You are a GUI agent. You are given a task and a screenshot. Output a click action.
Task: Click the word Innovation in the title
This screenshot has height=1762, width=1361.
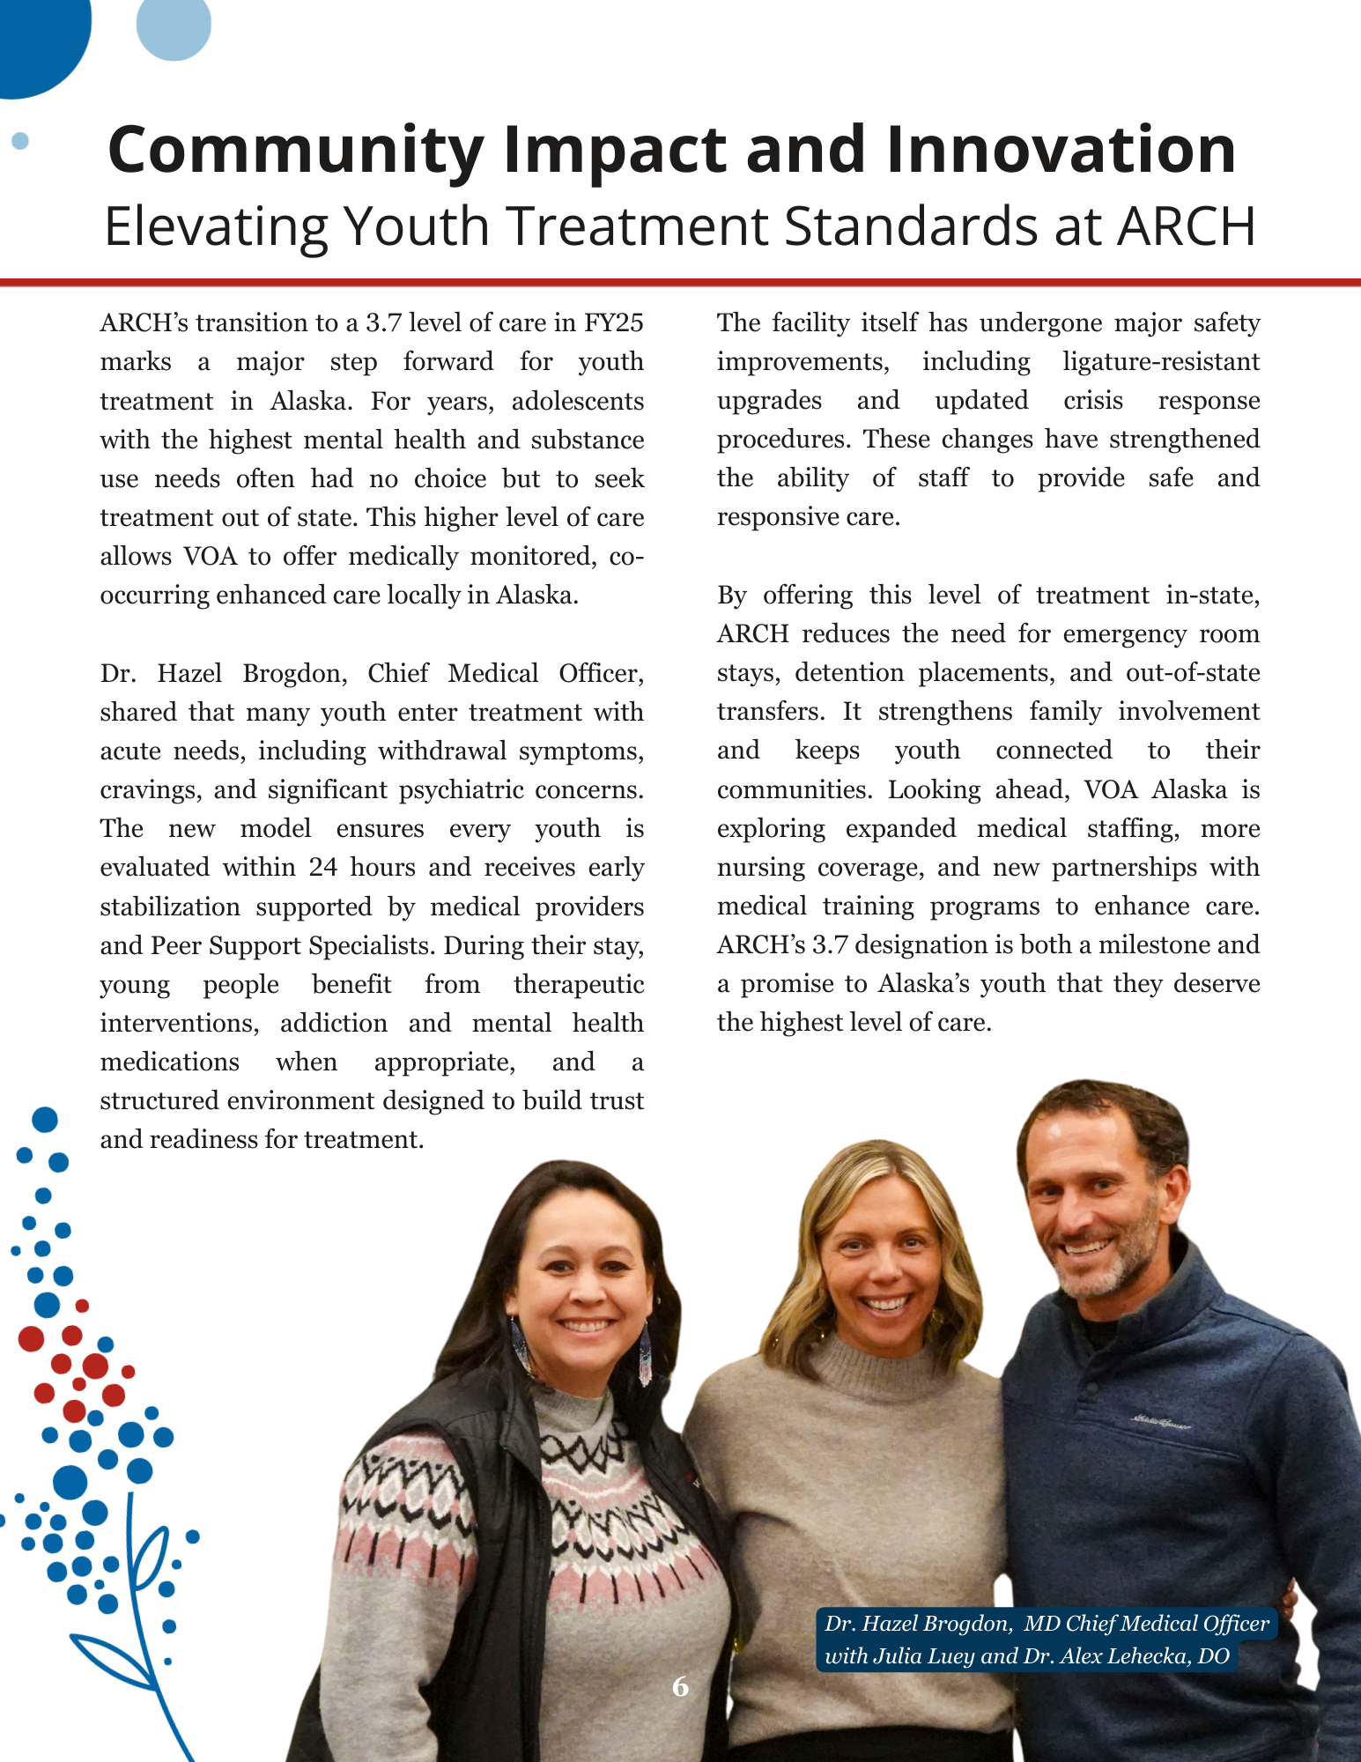[x=1061, y=150]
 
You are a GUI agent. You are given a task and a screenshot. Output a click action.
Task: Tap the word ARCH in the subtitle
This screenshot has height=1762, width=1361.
[x=1186, y=226]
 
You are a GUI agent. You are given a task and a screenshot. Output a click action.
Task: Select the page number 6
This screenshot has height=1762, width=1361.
[x=680, y=1686]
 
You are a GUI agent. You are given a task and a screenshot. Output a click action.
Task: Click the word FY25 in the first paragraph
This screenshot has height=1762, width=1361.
[x=614, y=323]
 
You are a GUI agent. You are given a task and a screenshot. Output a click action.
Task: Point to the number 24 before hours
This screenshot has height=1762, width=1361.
[x=323, y=868]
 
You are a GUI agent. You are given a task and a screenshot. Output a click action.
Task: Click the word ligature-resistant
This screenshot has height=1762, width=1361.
[x=1161, y=362]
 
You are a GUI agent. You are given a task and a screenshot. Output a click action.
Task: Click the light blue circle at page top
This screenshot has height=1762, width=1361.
[x=174, y=25]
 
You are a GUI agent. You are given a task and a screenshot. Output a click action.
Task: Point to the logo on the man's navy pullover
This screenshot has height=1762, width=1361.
[x=1161, y=1422]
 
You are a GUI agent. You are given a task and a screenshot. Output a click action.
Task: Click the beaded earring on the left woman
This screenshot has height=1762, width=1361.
[x=645, y=1352]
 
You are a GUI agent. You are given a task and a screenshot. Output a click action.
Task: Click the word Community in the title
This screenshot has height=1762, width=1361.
[x=295, y=150]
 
